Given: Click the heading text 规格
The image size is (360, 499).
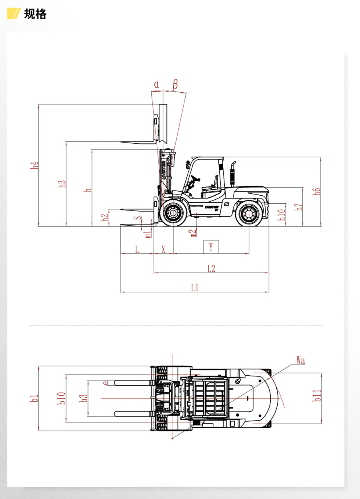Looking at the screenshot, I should click(x=35, y=14).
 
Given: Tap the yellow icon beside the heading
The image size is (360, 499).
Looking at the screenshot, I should click(x=14, y=14).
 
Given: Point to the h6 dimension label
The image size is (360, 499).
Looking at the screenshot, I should click(x=317, y=191).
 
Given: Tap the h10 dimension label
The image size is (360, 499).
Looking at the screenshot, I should click(x=282, y=214).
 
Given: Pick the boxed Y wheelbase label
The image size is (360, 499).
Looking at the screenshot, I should click(x=211, y=247).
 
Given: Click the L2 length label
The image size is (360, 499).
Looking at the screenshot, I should click(x=211, y=269).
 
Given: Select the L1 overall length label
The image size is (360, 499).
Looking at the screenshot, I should click(x=195, y=287).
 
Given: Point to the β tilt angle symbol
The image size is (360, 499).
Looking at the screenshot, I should click(x=175, y=84).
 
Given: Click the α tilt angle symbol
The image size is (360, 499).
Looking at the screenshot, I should click(x=157, y=84).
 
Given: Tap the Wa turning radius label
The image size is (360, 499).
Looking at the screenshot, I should click(x=301, y=361).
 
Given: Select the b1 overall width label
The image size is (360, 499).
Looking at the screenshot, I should click(x=35, y=398).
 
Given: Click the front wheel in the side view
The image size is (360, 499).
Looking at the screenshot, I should click(x=173, y=213).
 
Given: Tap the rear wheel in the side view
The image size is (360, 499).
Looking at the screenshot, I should click(x=248, y=213).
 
